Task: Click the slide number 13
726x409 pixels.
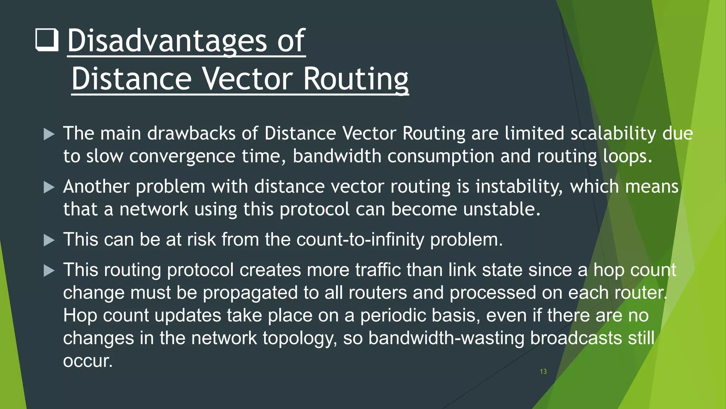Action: (x=543, y=371)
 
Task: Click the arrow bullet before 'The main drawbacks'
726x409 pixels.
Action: (x=49, y=134)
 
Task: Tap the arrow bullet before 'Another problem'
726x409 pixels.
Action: (x=49, y=187)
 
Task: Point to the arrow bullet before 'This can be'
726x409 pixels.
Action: (x=49, y=240)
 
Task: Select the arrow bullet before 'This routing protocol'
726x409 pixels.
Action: (x=49, y=271)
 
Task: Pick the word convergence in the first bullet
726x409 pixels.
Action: (x=182, y=157)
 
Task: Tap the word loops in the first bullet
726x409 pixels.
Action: (x=627, y=157)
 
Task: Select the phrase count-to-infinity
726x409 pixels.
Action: (x=360, y=240)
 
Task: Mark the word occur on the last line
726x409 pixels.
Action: (x=87, y=361)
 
